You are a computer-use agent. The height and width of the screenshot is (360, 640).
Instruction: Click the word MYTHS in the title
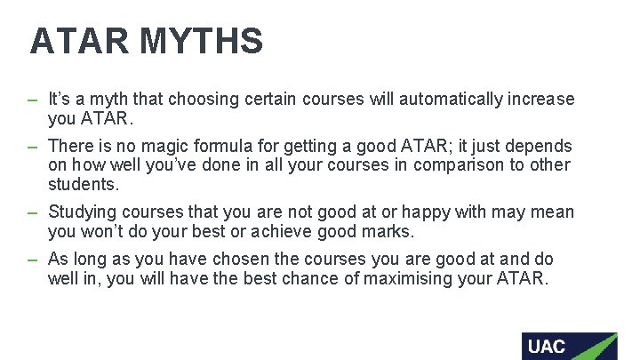tap(202, 42)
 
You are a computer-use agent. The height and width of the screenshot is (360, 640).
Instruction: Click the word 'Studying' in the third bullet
tap(83, 212)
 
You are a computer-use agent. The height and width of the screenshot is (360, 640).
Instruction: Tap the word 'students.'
tap(84, 185)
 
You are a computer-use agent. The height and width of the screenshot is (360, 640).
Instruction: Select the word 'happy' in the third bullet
tap(427, 212)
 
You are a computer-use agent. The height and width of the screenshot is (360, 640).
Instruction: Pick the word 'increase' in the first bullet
tap(541, 99)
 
